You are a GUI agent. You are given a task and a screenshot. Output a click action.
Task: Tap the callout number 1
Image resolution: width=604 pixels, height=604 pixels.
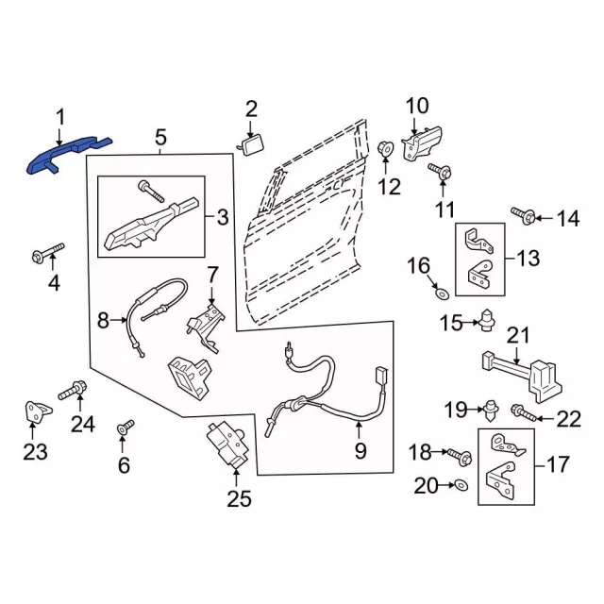(x=59, y=116)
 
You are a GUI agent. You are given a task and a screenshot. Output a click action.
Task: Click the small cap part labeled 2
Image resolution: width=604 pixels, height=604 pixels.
(x=252, y=143)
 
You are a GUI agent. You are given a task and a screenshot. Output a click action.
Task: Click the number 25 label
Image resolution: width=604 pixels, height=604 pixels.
(x=240, y=499)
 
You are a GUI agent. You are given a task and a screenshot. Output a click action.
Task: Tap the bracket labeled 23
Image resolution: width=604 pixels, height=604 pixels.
(x=35, y=411)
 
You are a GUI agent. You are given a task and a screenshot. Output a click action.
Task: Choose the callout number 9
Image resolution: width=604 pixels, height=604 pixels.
(x=360, y=451)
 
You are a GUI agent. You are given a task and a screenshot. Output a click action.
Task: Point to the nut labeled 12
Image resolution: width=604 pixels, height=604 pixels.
(x=385, y=150)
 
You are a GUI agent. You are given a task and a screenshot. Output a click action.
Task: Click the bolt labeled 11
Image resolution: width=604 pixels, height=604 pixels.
(x=440, y=172)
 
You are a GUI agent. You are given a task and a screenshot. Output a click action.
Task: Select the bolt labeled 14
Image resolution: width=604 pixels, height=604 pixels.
(x=526, y=217)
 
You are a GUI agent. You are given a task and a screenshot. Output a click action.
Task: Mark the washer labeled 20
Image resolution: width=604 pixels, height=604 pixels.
(x=459, y=486)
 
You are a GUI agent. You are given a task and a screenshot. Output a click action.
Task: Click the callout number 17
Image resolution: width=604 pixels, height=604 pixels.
(x=559, y=464)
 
